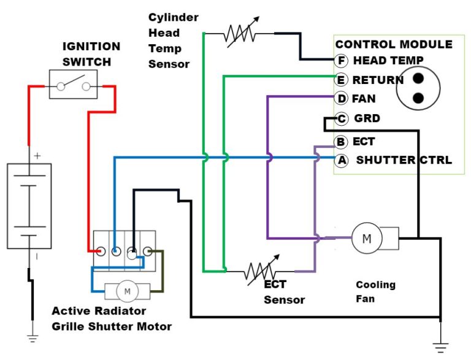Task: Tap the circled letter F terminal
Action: point(342,61)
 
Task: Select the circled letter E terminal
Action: point(342,80)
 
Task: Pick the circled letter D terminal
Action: point(342,98)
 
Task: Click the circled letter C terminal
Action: point(342,119)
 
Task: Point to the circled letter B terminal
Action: point(342,142)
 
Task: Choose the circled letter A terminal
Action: point(342,161)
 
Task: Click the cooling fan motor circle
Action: point(366,238)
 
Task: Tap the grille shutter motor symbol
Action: point(128,291)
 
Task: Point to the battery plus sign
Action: point(37,156)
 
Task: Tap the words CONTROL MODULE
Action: point(394,45)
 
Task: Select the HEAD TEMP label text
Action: point(388,61)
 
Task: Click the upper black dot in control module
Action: point(419,79)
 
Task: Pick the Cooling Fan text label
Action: point(375,292)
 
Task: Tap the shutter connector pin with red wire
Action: point(100,250)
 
